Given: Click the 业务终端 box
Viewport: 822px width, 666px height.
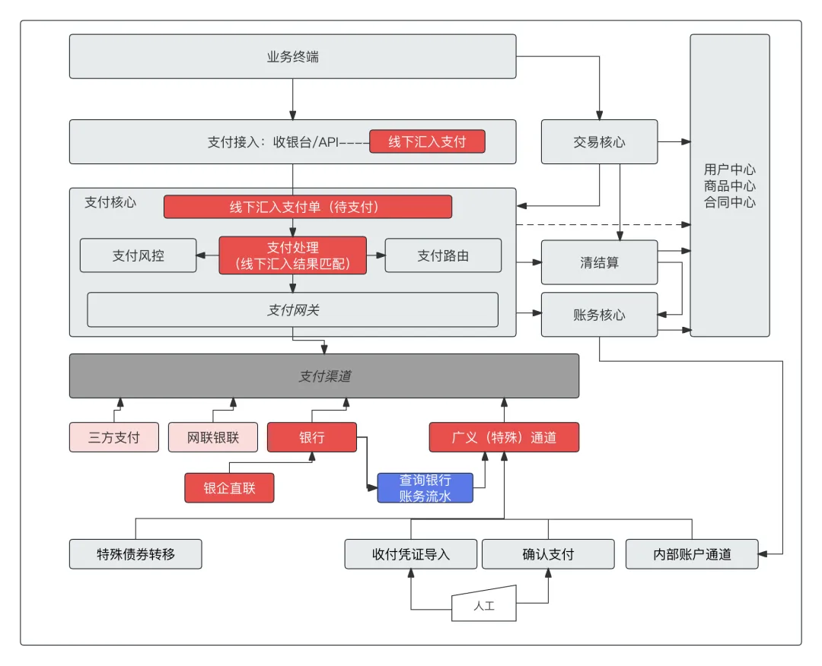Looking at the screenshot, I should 292,56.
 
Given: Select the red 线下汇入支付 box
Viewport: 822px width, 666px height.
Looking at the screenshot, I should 427,141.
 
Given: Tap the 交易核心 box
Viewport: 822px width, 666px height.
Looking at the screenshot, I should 599,141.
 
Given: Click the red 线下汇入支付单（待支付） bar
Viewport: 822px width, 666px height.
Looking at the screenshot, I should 307,207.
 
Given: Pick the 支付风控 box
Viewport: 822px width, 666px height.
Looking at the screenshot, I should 138,255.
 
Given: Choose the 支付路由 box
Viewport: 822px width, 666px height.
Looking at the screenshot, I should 443,255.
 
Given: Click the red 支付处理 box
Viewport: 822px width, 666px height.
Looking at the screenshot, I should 293,255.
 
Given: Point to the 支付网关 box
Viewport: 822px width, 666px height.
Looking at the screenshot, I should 292,309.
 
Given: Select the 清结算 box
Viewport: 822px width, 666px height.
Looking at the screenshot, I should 599,263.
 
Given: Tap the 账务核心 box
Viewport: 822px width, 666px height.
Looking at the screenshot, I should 599,314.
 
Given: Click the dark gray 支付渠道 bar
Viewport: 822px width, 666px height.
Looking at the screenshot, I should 323,376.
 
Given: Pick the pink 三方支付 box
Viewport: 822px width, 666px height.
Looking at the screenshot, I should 114,437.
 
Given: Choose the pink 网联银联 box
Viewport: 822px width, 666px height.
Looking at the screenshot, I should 213,437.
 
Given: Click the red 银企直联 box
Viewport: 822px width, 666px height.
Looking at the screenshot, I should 229,488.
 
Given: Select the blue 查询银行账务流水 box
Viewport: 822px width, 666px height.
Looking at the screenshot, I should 425,488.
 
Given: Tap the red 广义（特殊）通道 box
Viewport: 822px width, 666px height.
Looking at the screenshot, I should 504,437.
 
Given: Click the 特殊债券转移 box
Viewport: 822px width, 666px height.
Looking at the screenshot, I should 135,554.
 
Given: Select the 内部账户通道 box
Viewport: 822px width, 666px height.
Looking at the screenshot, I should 692,554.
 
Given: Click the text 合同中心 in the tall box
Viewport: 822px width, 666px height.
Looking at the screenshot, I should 730,202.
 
